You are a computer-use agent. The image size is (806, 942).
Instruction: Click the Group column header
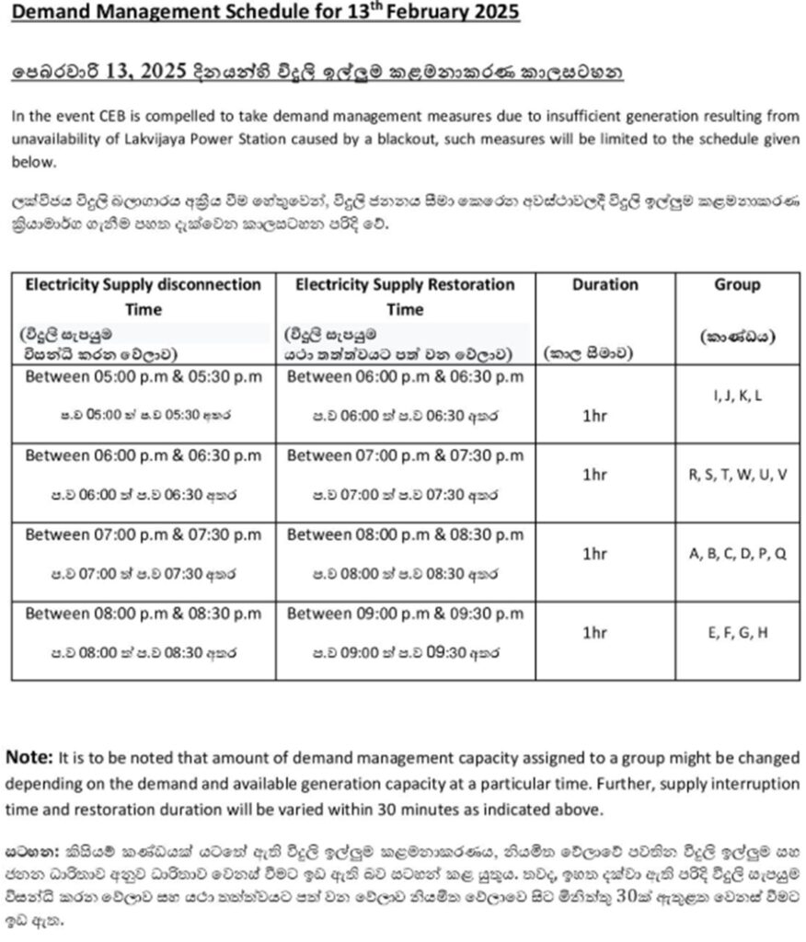click(x=737, y=285)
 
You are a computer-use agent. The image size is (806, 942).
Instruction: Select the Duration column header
click(x=604, y=285)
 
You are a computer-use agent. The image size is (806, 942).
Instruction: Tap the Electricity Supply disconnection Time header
click(x=143, y=296)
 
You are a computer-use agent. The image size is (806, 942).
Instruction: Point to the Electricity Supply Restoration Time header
click(x=405, y=296)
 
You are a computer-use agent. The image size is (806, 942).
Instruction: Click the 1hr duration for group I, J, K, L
click(x=595, y=415)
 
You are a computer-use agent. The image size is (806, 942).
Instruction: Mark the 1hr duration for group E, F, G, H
click(x=595, y=632)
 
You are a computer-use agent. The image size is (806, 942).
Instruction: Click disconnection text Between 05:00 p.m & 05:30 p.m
click(x=143, y=377)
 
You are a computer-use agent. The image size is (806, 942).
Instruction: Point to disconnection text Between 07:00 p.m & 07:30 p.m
click(x=143, y=534)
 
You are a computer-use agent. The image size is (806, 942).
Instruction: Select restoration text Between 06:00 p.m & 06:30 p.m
click(x=405, y=377)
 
